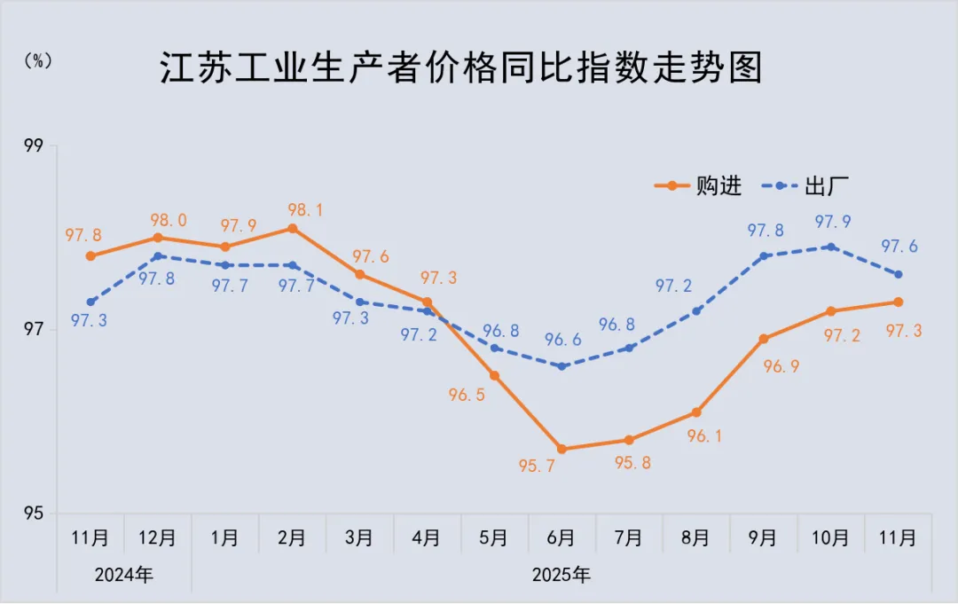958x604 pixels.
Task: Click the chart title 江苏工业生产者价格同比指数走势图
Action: pos(461,68)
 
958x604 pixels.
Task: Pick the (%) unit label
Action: pos(38,60)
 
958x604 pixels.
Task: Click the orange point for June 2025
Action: pos(561,449)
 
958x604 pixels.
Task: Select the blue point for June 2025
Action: pos(561,366)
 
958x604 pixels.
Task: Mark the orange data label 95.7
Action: pos(538,466)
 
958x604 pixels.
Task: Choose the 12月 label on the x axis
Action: pos(158,537)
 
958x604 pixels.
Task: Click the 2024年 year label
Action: pos(124,575)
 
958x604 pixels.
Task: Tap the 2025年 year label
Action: pos(561,575)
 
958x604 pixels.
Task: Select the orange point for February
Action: pos(292,229)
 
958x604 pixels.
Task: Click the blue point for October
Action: pos(831,247)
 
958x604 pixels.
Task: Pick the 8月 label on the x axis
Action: pos(695,537)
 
